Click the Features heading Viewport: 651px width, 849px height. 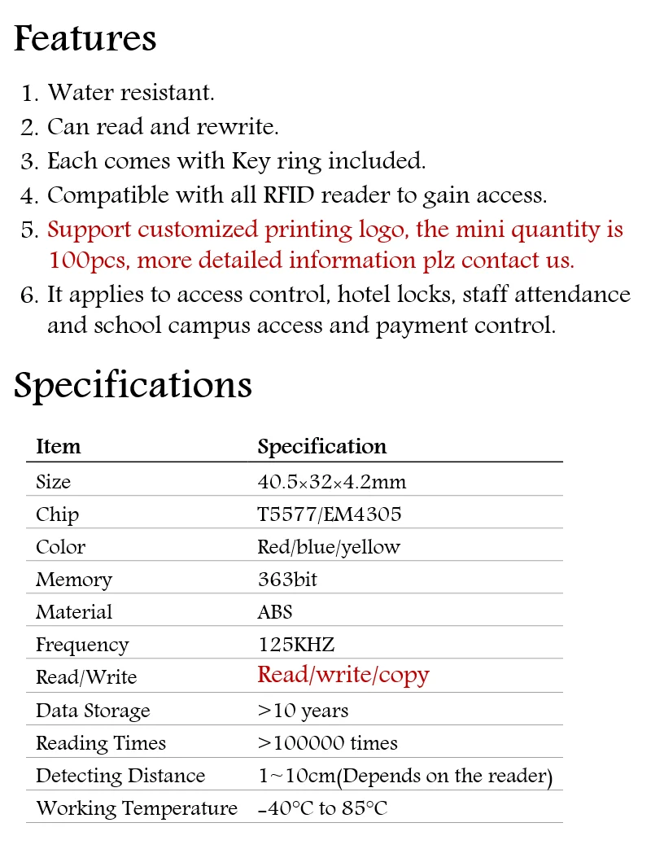click(x=85, y=39)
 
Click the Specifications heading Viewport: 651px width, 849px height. click(x=133, y=385)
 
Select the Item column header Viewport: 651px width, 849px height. click(x=59, y=447)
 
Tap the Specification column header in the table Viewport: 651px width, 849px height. click(x=321, y=447)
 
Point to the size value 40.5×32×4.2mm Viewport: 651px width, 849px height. click(x=331, y=482)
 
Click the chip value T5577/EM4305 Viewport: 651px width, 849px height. click(x=329, y=514)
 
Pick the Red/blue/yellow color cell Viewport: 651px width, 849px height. click(x=328, y=547)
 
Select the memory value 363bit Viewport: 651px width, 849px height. click(x=287, y=580)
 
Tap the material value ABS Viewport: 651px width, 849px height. click(x=274, y=612)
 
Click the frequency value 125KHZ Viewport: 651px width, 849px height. click(x=295, y=645)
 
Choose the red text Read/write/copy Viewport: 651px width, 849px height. click(x=343, y=675)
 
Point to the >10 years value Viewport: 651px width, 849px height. click(x=303, y=711)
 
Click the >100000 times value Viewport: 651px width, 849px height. click(x=327, y=743)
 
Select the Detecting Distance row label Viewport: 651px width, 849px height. click(x=120, y=776)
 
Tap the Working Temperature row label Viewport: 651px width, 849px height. click(x=137, y=808)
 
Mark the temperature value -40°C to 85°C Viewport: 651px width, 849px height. click(x=322, y=808)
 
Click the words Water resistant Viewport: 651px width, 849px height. click(x=131, y=93)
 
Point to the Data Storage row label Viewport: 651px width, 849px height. click(x=93, y=711)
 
